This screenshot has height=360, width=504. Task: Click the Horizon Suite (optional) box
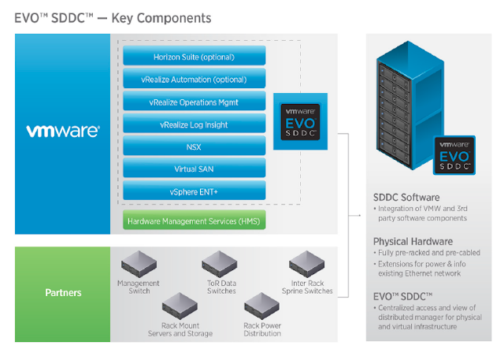coord(194,57)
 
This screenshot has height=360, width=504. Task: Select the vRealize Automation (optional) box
coord(194,80)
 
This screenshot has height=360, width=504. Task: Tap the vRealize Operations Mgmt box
coord(194,102)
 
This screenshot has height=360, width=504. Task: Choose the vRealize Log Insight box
coord(194,124)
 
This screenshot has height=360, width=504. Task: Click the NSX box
coord(194,147)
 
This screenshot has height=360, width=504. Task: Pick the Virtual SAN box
coord(194,169)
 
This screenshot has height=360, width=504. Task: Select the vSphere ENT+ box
coord(194,191)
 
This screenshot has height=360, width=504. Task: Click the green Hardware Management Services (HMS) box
coord(194,220)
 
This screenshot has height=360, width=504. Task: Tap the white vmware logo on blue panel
coord(63,131)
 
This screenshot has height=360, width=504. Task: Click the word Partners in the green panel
coord(63,292)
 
